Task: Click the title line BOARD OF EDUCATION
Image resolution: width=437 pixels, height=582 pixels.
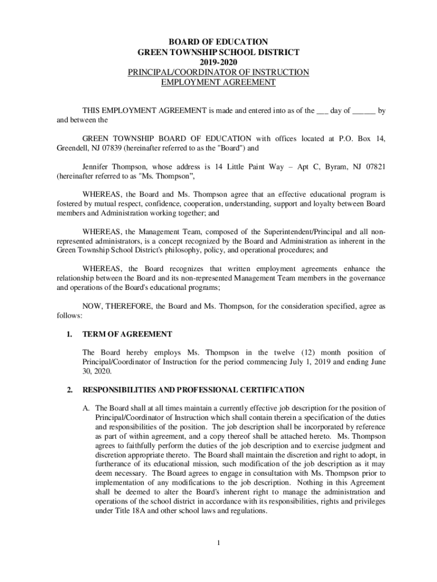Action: coord(218,41)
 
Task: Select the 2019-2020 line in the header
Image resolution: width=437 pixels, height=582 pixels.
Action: coord(218,62)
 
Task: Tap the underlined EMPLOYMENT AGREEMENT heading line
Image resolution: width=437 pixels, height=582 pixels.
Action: coord(218,82)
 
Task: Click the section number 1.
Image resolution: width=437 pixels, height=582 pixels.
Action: coord(69,334)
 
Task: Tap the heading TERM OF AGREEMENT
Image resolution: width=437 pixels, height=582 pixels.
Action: coord(127,334)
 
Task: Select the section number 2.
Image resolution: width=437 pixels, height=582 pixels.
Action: coord(69,390)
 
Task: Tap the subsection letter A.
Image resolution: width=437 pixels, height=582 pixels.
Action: coord(86,408)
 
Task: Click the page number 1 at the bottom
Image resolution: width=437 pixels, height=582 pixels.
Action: coord(218,543)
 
